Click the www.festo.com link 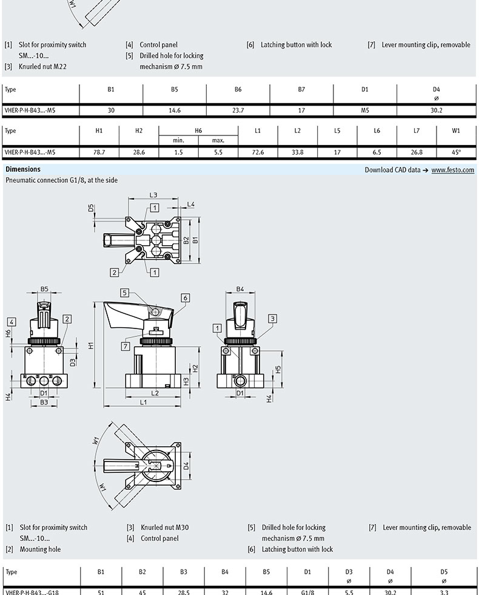coord(452,170)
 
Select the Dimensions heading coord(23,169)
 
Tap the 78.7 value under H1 coord(99,152)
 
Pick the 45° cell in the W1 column coord(456,152)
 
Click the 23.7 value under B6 coord(238,110)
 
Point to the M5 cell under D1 coord(364,110)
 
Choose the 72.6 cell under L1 coord(258,152)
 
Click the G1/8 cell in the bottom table coord(307,592)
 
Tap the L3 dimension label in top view coord(153,195)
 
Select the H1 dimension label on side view coord(90,345)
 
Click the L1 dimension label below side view coord(143,402)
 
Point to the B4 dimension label coord(240,289)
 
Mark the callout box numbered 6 coord(186,298)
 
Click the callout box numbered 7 coord(126,346)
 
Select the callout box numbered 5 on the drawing coord(125,293)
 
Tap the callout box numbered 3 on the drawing coord(272,319)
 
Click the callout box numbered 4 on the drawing coord(12,322)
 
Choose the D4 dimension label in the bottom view coord(186,465)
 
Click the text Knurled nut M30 coord(164,528)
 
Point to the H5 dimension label coord(278,369)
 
